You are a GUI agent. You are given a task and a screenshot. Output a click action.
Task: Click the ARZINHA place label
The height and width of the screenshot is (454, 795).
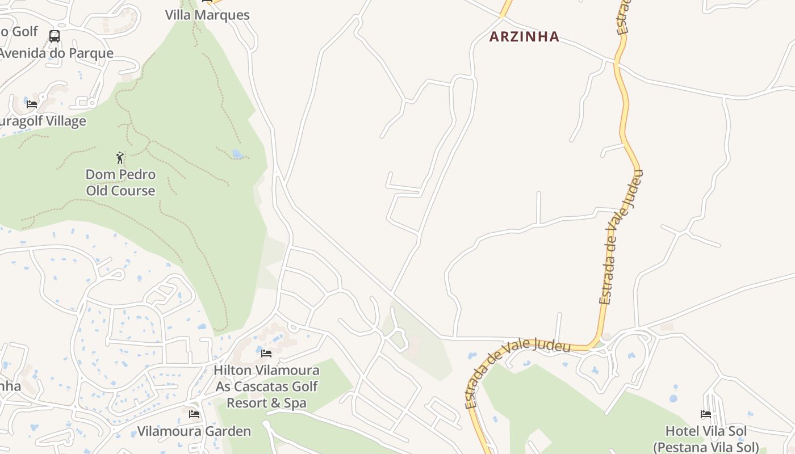(x=524, y=37)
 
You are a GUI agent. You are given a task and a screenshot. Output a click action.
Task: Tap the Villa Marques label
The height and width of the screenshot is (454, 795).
(x=207, y=15)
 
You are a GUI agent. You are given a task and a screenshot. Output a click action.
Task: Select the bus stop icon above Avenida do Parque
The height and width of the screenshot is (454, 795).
(x=55, y=36)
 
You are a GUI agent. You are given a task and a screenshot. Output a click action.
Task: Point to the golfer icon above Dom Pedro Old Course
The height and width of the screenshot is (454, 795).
(x=120, y=157)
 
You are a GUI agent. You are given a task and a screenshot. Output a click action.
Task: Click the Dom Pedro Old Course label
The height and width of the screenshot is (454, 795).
(x=120, y=182)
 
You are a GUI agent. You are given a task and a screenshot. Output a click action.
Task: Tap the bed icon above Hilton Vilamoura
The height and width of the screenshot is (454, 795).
(x=266, y=354)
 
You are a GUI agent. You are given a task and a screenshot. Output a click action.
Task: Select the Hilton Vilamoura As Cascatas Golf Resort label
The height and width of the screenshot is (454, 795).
(x=266, y=386)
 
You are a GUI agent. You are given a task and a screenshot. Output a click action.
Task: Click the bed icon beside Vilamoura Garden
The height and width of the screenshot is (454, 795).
(x=194, y=414)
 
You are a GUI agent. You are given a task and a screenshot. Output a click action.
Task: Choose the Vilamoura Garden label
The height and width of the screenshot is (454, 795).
(x=194, y=431)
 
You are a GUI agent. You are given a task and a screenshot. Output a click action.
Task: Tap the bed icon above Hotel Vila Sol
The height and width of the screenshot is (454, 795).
(x=706, y=414)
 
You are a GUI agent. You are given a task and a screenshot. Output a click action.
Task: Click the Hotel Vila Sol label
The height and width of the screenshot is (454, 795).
(x=706, y=439)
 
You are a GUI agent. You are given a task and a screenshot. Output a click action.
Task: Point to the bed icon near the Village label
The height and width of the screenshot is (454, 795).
(x=32, y=104)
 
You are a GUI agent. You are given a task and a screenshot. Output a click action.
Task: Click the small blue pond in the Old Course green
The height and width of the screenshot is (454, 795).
(x=237, y=154)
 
